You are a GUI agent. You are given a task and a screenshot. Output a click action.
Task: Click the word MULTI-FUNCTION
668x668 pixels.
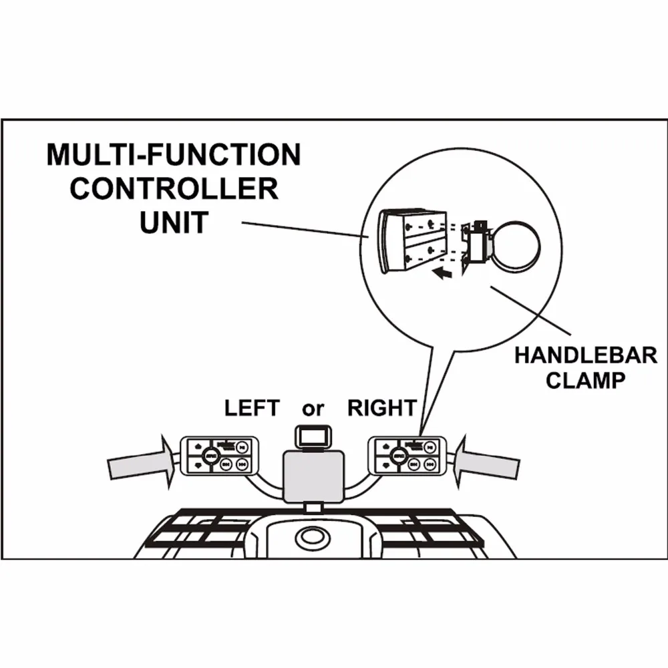coord(173,156)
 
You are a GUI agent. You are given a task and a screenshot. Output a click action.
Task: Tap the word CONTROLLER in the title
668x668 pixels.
coord(174,188)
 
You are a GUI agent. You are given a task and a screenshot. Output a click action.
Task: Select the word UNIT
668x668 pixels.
coord(174,222)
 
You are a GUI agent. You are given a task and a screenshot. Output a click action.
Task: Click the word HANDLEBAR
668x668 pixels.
coord(585,354)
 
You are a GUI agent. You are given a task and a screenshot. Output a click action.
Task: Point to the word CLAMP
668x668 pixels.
coord(585,381)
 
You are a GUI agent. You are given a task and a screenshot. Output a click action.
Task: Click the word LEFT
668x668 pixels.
coord(251,407)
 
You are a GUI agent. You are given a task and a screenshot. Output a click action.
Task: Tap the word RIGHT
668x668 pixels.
coord(382,407)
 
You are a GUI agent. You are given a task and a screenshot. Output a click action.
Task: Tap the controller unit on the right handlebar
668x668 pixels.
coord(407,455)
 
